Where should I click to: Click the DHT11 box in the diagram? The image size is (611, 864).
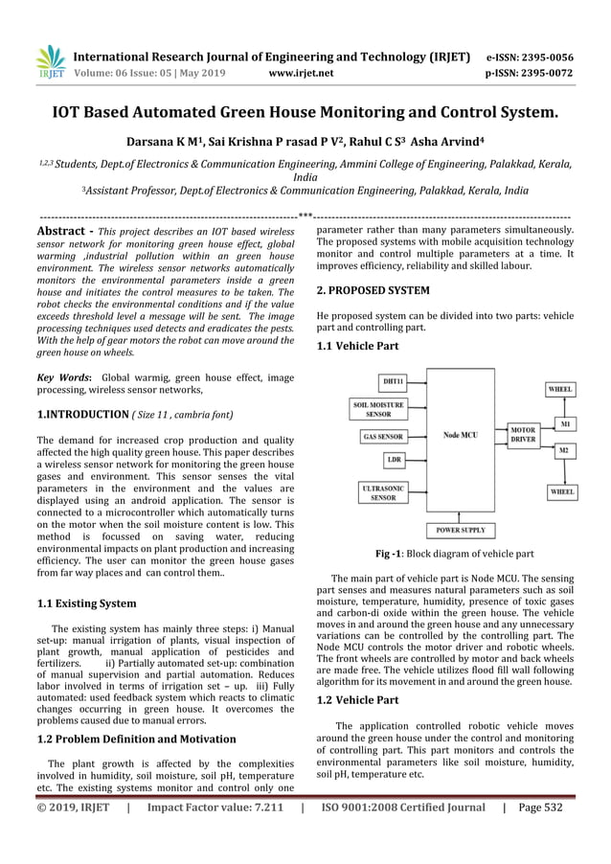[x=393, y=381]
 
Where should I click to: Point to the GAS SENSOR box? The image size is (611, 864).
[x=383, y=436]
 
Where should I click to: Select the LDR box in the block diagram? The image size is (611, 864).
[x=394, y=460]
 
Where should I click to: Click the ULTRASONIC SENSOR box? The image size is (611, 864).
[x=383, y=492]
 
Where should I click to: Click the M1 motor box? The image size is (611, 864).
[x=564, y=422]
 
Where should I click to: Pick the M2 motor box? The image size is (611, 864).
[x=564, y=449]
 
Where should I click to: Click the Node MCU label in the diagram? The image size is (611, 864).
[x=462, y=436]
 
